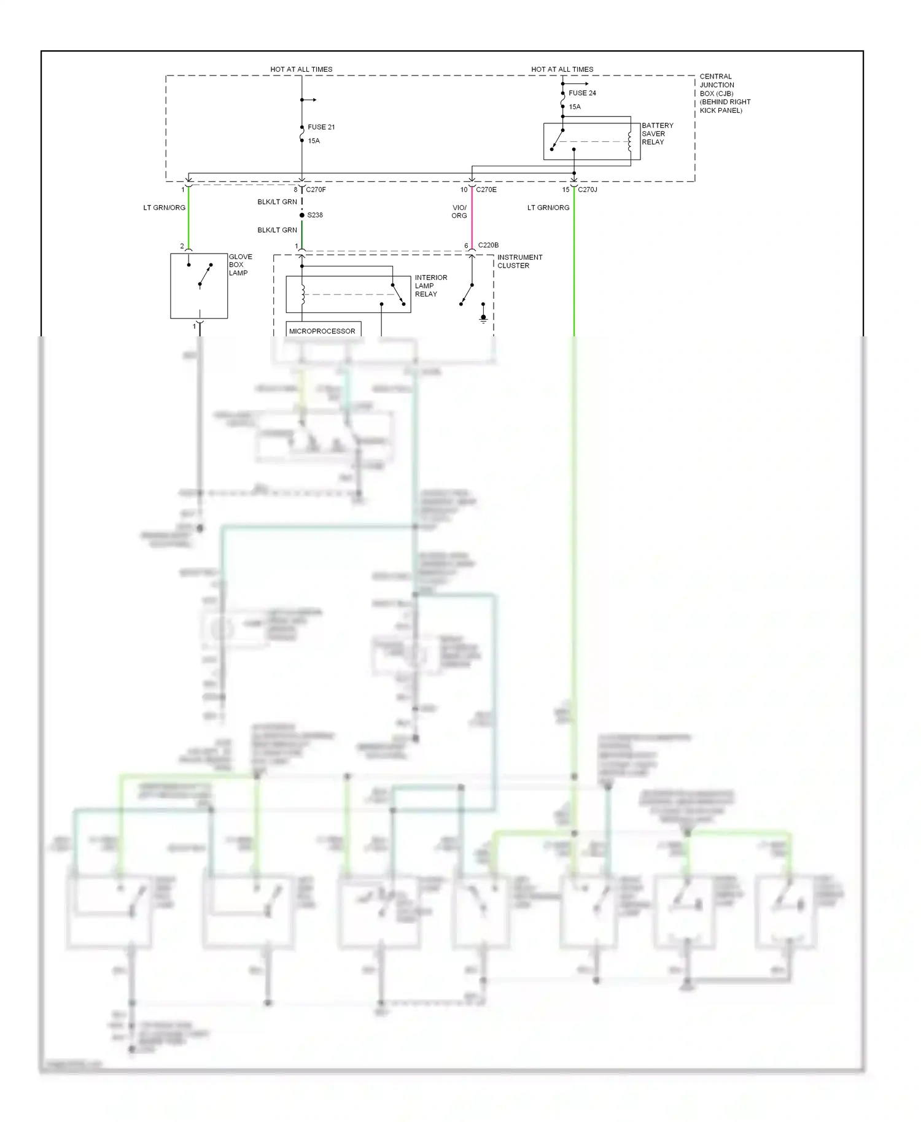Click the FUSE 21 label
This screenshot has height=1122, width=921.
[x=321, y=127]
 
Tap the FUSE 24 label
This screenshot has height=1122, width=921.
[x=582, y=93]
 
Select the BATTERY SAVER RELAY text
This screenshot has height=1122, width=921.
[x=657, y=134]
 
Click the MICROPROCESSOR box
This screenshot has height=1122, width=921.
[x=323, y=331]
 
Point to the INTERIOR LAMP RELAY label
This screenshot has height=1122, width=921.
[x=430, y=286]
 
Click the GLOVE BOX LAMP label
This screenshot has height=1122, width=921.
[x=240, y=265]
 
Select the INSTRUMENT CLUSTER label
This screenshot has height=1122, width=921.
[x=519, y=261]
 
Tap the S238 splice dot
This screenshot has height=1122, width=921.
[x=302, y=215]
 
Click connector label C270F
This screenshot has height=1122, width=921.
[x=316, y=190]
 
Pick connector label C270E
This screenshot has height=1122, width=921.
[x=486, y=190]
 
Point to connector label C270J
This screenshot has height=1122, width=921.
[x=588, y=190]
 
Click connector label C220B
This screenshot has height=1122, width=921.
[x=488, y=245]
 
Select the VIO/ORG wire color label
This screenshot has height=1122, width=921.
[x=459, y=212]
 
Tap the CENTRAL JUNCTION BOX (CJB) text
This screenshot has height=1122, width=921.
[x=724, y=93]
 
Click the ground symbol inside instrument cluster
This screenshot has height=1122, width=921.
[x=483, y=318]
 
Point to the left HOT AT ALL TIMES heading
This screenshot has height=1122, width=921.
[x=301, y=69]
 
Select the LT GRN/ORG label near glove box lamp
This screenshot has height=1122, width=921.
[x=164, y=208]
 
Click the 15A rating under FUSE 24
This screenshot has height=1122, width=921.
[x=575, y=107]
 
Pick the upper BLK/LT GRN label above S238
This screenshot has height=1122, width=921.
[x=277, y=202]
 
